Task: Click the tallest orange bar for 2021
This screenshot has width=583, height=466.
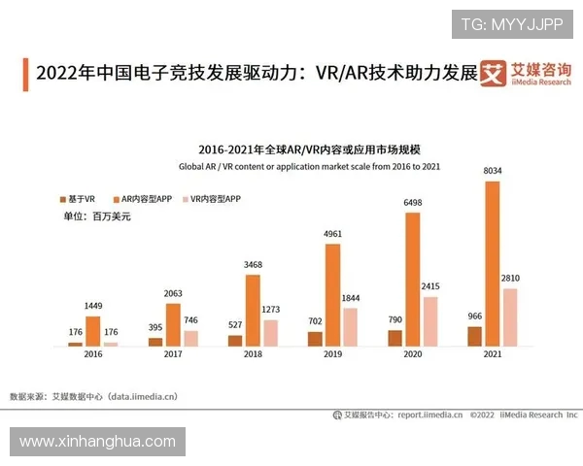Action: point(493,262)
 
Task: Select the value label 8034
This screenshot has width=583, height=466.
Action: point(493,172)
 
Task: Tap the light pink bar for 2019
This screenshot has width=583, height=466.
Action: point(350,326)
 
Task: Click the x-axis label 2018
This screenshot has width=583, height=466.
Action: point(253,356)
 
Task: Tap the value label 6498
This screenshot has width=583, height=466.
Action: point(413,203)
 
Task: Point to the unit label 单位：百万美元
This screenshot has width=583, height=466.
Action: point(96,216)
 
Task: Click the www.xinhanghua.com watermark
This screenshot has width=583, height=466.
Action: point(97,442)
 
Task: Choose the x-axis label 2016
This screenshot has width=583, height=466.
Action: point(93,356)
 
